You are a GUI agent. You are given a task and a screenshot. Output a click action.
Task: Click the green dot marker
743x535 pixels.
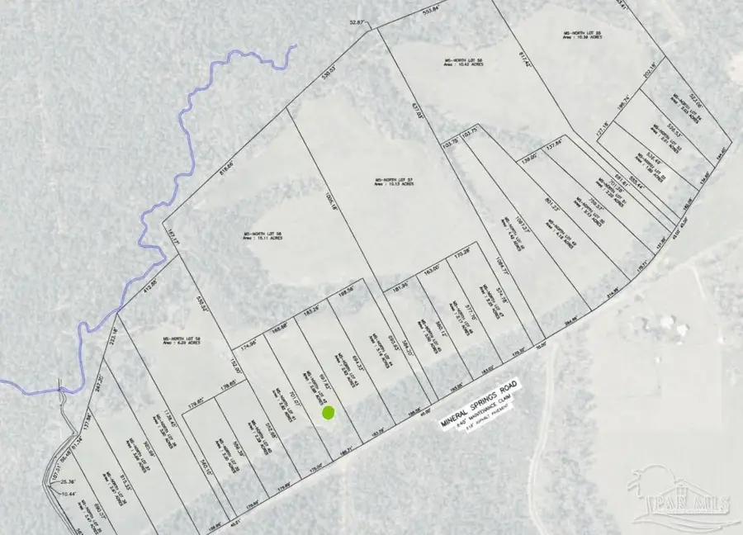click(x=328, y=412)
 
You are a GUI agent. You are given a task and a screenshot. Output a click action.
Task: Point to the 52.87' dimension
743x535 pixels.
click(x=356, y=23)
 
